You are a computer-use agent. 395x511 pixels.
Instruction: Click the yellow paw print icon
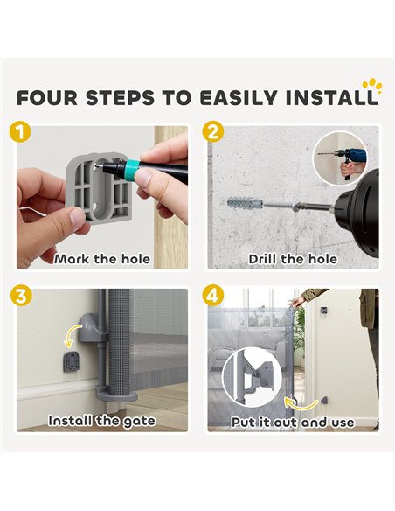point(373,86)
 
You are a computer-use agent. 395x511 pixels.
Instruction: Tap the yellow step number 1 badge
point(21,133)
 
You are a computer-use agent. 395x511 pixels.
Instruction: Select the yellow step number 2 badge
point(212,133)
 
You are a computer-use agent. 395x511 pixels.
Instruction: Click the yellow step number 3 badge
point(21,296)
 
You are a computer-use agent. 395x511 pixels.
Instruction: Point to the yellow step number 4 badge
point(212,296)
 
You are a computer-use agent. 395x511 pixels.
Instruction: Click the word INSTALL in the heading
point(331,98)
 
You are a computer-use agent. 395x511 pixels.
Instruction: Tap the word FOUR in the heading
point(47,98)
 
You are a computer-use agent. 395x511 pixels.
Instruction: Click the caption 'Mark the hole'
point(102,259)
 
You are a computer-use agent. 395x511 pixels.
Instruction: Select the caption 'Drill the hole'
point(293,259)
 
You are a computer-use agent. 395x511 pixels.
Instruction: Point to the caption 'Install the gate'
point(102,421)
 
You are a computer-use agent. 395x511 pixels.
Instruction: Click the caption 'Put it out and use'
point(293,422)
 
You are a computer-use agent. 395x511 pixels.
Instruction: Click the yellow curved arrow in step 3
point(72,335)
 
